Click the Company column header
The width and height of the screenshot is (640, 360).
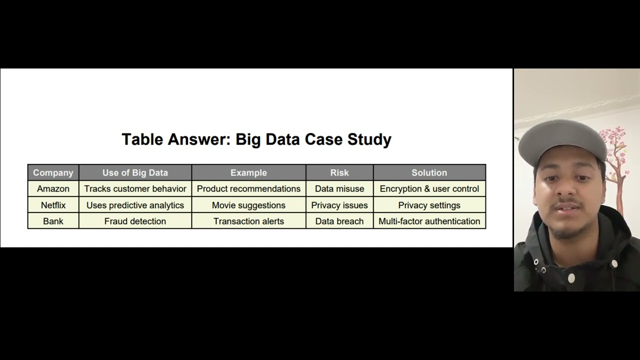(53, 172)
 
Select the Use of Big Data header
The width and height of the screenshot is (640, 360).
(135, 172)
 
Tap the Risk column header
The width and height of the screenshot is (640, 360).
(339, 172)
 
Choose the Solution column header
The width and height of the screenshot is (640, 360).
(429, 172)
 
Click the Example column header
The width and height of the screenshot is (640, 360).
(248, 172)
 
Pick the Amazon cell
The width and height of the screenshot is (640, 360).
(53, 188)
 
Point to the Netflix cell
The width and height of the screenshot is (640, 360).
(53, 205)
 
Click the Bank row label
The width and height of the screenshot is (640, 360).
(53, 221)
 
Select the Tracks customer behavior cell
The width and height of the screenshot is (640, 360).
(135, 188)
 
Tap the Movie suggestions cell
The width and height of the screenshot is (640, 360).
(248, 205)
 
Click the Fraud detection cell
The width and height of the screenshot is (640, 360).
(135, 221)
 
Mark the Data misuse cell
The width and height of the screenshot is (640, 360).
(339, 188)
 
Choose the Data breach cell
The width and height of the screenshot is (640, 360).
(339, 221)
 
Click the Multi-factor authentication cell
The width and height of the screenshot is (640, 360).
(429, 221)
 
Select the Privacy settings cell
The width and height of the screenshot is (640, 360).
(429, 205)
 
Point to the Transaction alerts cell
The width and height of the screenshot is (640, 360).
(248, 221)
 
